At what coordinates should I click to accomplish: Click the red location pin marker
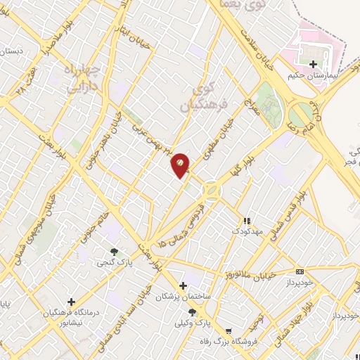(x=180, y=164)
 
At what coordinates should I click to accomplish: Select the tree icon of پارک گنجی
(x=115, y=252)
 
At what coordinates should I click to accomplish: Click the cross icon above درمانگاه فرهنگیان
(x=70, y=300)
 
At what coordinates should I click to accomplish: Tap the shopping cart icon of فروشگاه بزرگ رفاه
(x=228, y=331)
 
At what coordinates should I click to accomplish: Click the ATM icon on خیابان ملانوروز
(x=300, y=271)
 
